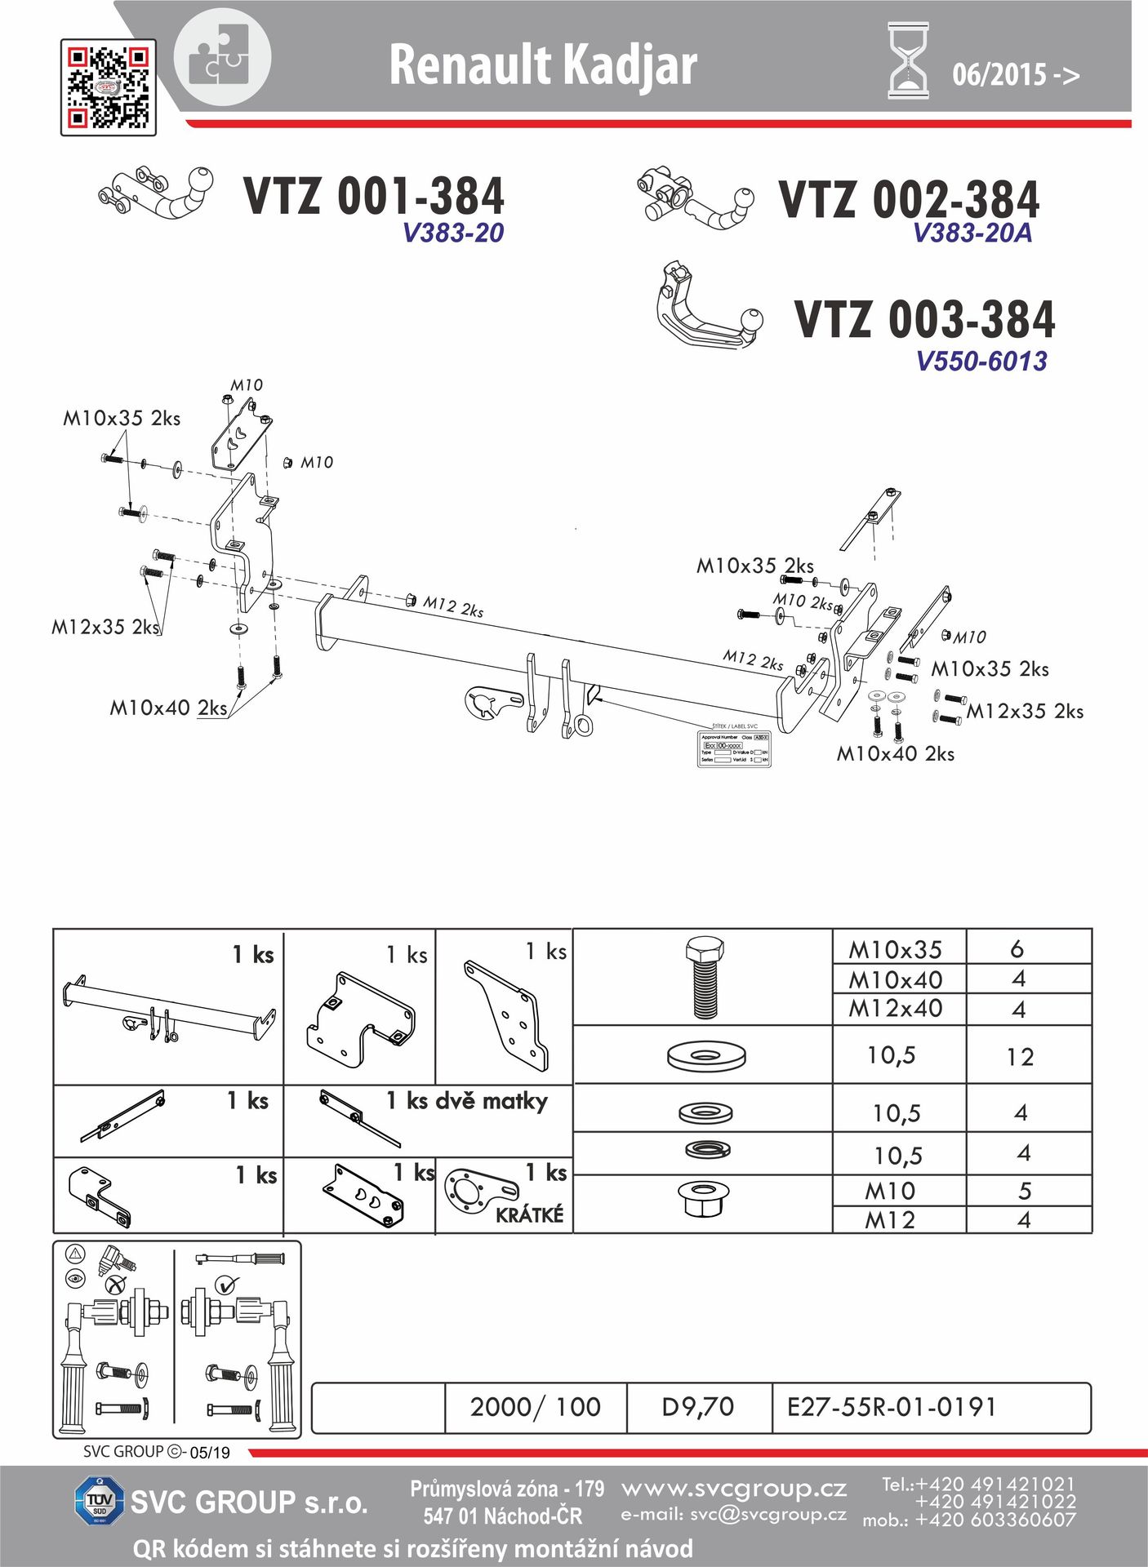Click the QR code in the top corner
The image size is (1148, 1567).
click(x=108, y=87)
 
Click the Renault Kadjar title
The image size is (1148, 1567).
click(x=543, y=65)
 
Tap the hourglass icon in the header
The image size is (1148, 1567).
click(x=908, y=61)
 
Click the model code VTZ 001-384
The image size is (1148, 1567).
click(x=374, y=197)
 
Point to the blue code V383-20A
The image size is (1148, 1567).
click(x=972, y=233)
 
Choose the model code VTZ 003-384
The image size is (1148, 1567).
click(x=924, y=319)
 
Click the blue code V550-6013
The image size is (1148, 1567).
click(x=981, y=361)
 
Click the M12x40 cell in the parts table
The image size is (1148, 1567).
click(x=896, y=1009)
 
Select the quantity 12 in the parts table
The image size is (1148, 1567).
click(x=1020, y=1058)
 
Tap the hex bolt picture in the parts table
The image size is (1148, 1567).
click(x=704, y=978)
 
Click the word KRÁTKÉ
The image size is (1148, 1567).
click(x=530, y=1215)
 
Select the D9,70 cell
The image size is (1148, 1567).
click(x=698, y=1407)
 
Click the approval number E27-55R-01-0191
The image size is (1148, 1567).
click(x=892, y=1407)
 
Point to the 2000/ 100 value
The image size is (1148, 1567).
click(x=535, y=1407)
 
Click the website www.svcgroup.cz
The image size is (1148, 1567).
click(x=733, y=1489)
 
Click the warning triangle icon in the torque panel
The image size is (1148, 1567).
click(x=75, y=1253)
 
